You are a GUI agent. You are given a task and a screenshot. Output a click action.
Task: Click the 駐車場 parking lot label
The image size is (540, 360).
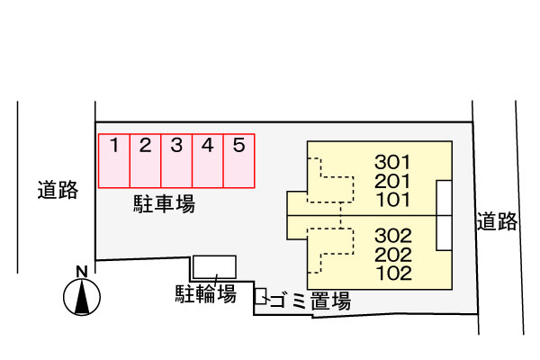coord(162,204)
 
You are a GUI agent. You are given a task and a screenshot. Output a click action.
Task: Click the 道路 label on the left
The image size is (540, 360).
coord(58,190)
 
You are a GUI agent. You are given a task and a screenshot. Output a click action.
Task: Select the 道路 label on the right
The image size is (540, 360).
coord(498,221)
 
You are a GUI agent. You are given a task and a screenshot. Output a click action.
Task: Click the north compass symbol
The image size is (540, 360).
coord(81,295)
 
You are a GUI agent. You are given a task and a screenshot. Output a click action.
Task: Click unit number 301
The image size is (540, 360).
coord(393,163)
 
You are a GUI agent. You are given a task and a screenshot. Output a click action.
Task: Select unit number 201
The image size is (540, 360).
coord(393,181)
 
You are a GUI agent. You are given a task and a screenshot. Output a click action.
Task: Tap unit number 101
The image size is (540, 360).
coord(393,199)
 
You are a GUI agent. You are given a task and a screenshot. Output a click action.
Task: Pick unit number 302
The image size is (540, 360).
coord(393,236)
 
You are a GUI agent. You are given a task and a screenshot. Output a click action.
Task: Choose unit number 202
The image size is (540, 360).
coord(393,254)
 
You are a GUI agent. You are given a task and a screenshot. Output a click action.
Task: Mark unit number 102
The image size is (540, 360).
coord(393,272)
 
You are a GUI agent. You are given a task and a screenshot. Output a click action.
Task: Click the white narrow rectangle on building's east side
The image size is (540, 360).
coord(444,215)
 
